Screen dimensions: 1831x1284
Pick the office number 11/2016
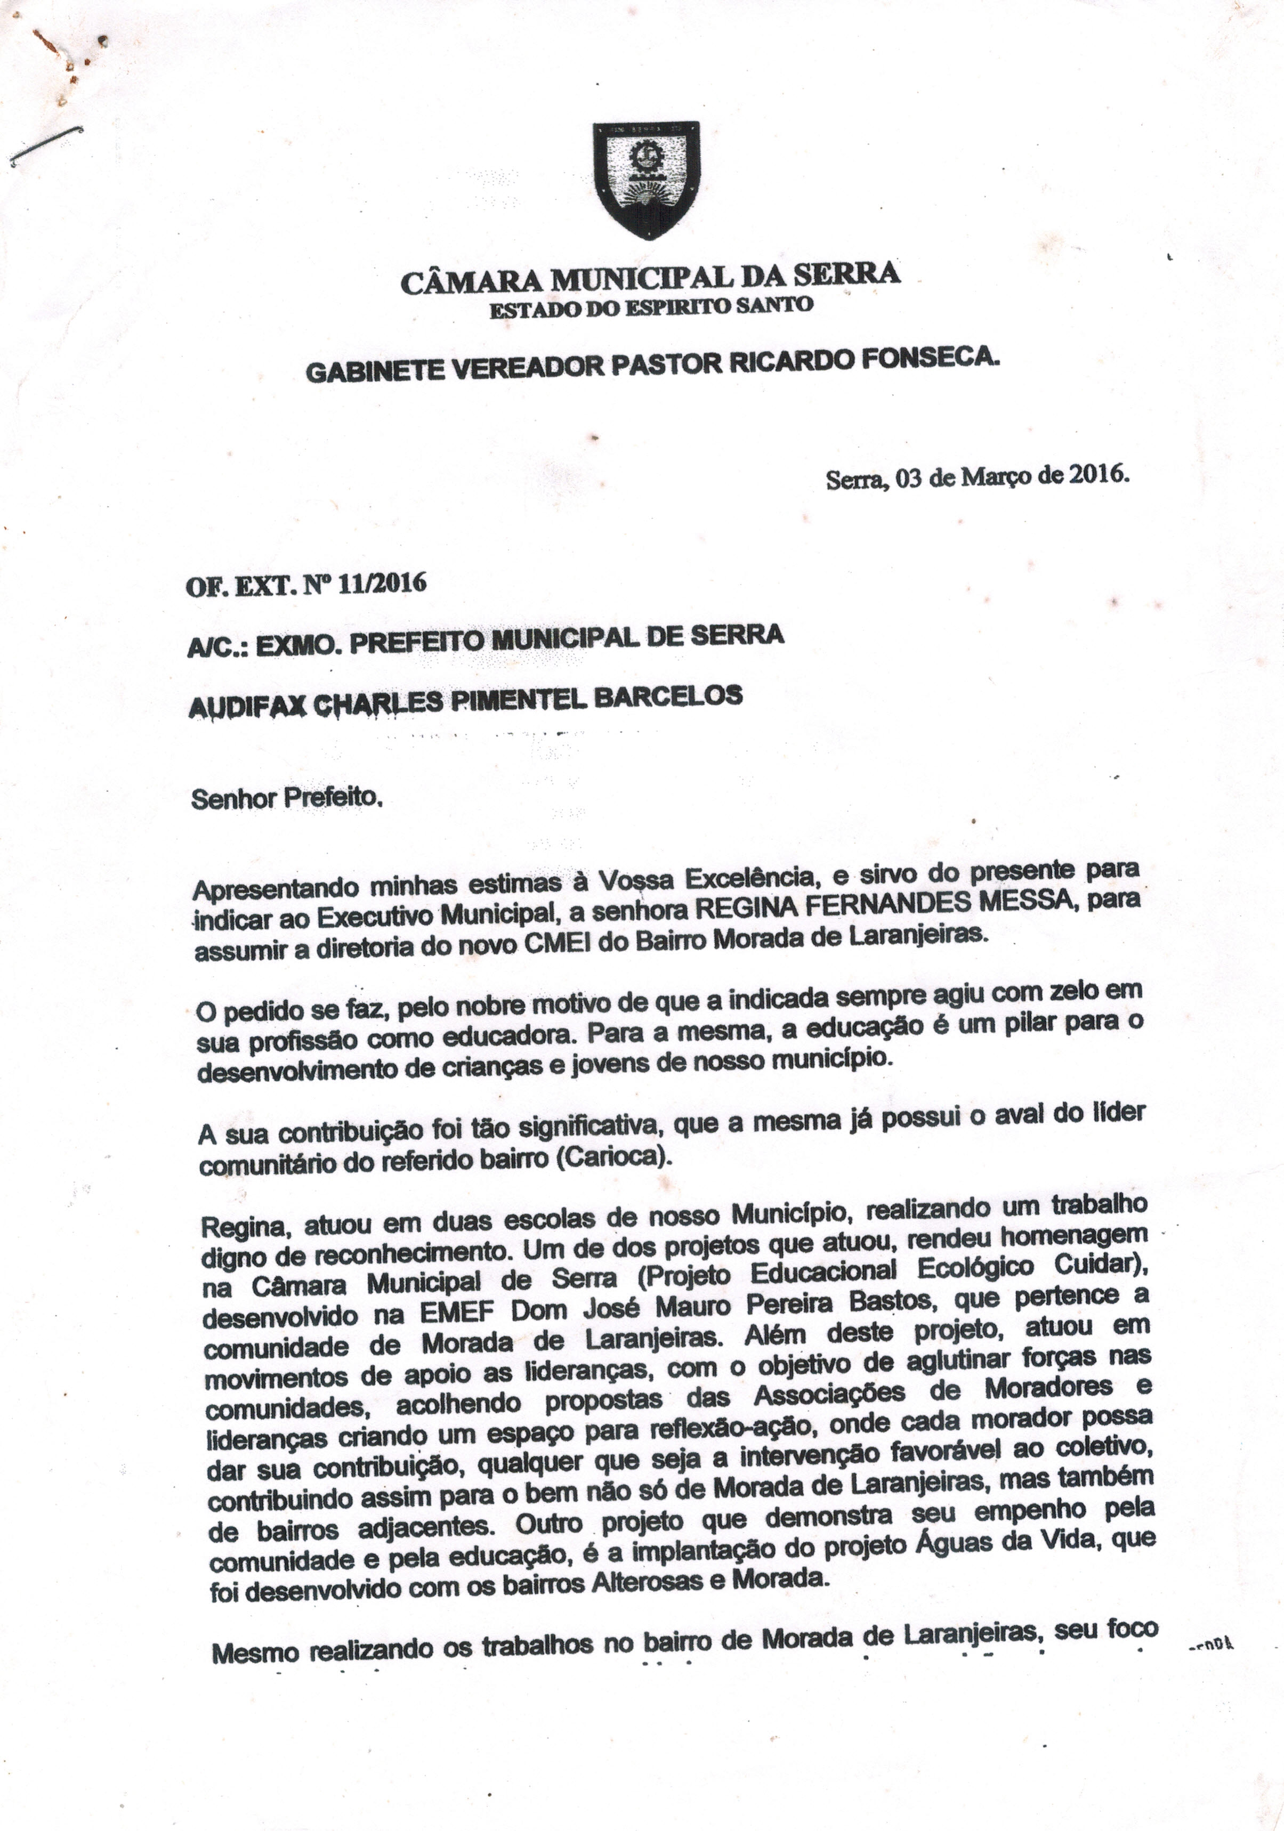click(x=382, y=585)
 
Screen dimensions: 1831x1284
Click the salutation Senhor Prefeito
click(x=287, y=798)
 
